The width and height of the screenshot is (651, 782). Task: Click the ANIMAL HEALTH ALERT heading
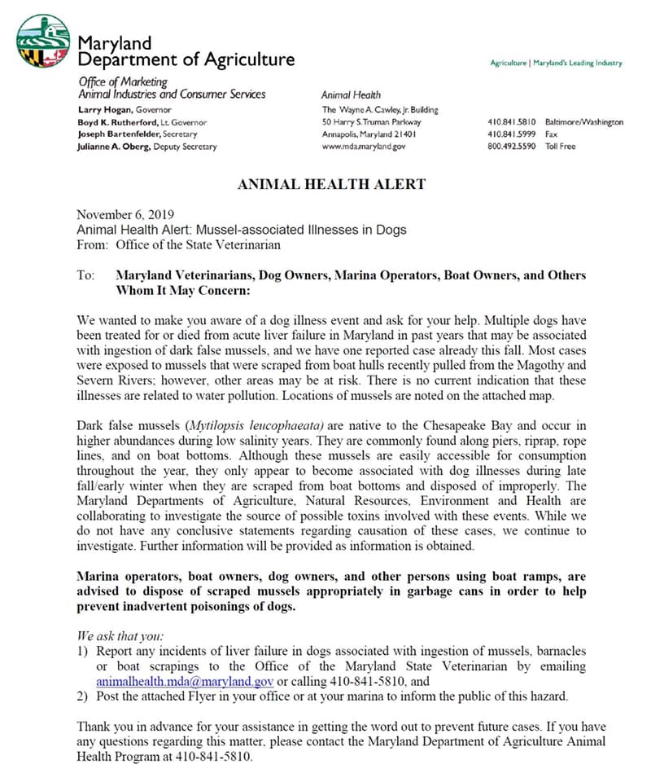[x=330, y=184]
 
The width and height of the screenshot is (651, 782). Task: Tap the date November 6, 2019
[x=120, y=215]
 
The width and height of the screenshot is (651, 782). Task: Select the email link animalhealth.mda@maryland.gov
[x=185, y=681]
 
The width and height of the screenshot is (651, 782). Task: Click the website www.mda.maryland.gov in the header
[x=363, y=147]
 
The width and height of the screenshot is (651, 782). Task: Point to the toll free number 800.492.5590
[x=511, y=147]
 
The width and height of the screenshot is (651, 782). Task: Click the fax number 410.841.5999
[x=511, y=134]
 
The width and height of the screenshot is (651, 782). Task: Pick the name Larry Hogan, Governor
[x=125, y=109]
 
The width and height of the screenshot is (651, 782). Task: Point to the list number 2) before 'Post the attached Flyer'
[x=82, y=696]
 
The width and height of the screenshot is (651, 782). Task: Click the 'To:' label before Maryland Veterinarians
[x=86, y=275]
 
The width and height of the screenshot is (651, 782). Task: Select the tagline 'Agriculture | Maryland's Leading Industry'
[x=556, y=63]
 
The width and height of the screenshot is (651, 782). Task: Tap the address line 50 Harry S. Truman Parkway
[x=371, y=122]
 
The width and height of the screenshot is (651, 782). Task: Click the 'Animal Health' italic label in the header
[x=351, y=95]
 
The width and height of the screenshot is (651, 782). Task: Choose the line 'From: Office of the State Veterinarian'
[x=178, y=244]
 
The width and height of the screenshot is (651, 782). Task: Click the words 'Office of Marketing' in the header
[x=123, y=81]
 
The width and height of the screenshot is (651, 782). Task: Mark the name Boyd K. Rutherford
[x=123, y=122]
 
